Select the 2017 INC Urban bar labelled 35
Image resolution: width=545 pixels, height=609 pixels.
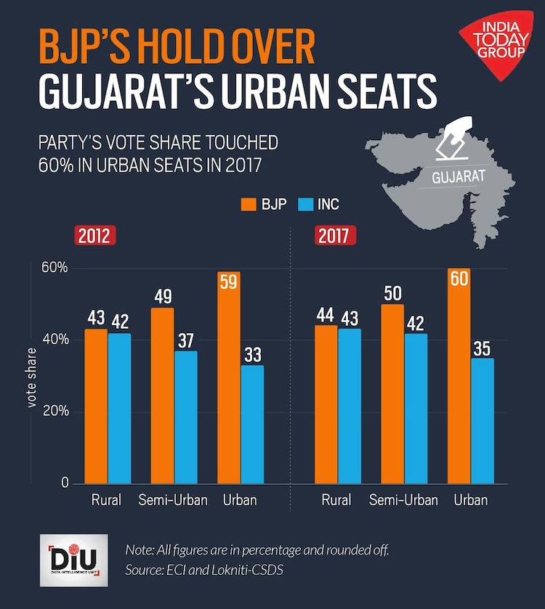point(482,421)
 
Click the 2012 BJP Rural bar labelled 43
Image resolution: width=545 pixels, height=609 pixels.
point(95,406)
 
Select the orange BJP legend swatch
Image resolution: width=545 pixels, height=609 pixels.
point(249,205)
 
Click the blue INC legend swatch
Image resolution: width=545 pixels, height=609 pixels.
point(305,205)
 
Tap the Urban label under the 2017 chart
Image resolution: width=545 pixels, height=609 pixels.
point(470,500)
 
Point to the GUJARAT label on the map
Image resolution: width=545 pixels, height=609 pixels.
point(458,176)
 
